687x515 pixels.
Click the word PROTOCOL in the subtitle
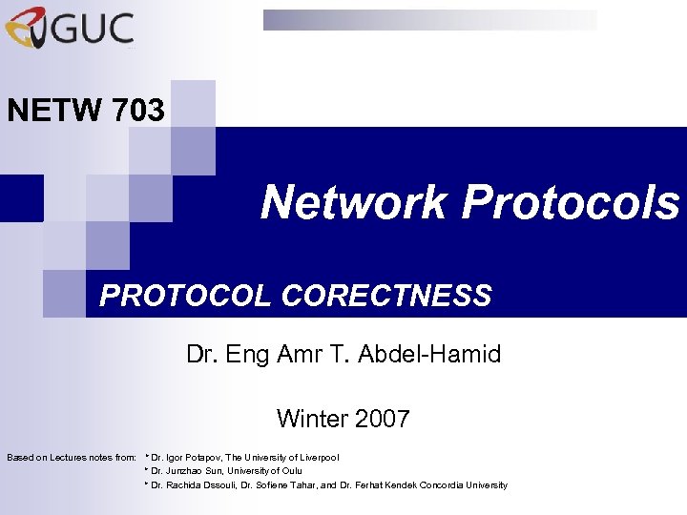click(x=186, y=296)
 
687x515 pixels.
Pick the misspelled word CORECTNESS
click(x=386, y=296)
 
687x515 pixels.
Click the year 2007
click(x=383, y=418)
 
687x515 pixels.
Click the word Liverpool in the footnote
click(x=317, y=458)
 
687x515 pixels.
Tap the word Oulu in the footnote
click(x=292, y=471)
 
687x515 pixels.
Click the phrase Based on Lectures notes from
click(x=72, y=458)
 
